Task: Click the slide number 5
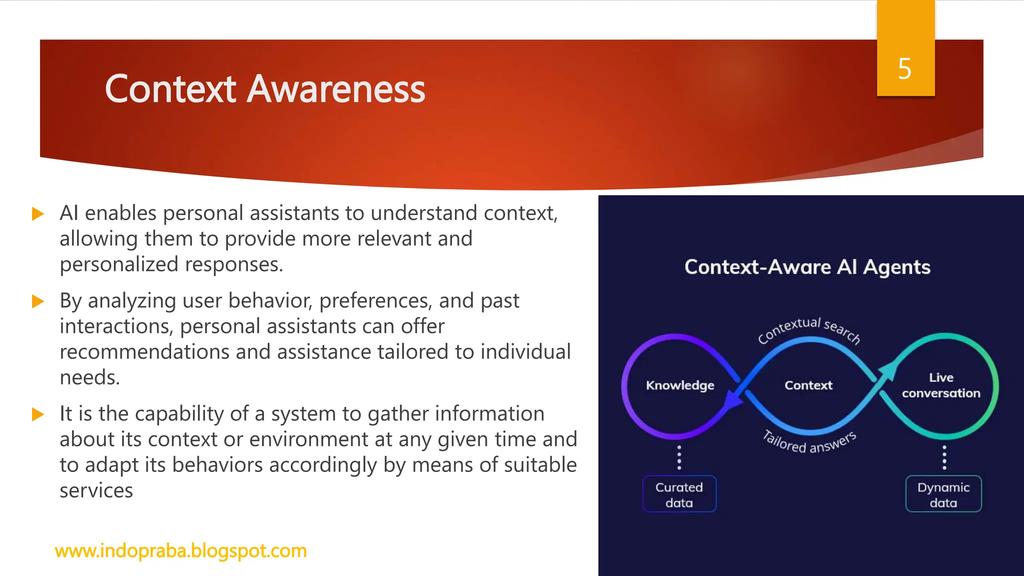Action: pos(904,68)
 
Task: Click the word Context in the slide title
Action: pos(170,89)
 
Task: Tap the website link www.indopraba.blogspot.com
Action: pos(180,550)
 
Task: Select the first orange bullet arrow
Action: pos(38,214)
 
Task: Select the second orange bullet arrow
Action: pos(38,301)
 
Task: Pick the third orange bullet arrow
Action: pos(38,414)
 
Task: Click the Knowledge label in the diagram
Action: pos(680,385)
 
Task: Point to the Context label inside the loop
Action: pos(808,385)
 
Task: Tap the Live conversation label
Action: pos(941,385)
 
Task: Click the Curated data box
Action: pos(679,494)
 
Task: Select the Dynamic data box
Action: pos(943,494)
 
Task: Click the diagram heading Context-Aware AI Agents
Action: pos(807,267)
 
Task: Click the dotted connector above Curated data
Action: pos(679,457)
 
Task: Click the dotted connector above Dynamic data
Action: pos(944,457)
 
